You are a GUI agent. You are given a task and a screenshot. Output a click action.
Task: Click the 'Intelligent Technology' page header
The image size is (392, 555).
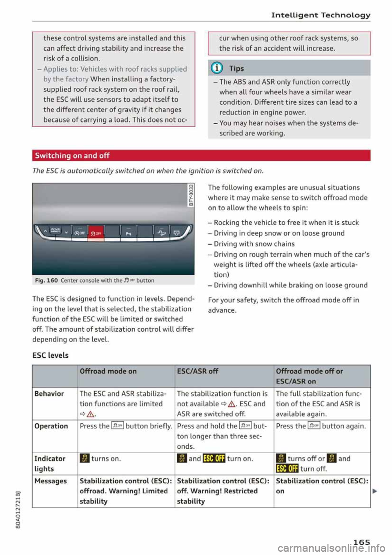coord(321,15)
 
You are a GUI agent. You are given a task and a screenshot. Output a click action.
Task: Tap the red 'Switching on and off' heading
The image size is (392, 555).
coord(72,156)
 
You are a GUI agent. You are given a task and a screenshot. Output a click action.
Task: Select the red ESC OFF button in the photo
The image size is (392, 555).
coord(96,233)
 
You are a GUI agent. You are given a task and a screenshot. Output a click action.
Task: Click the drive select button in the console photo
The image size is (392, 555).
coord(55,232)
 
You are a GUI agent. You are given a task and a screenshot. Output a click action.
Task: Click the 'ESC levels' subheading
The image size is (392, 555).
coord(50,355)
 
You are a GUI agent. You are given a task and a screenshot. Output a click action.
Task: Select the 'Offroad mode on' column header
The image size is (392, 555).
coord(108,371)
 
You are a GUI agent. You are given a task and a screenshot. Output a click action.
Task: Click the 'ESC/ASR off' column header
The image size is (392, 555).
coord(198,371)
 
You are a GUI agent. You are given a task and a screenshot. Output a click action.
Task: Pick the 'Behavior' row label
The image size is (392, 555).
coord(49,394)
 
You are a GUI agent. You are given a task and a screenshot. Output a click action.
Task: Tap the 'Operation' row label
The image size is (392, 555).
coord(51,426)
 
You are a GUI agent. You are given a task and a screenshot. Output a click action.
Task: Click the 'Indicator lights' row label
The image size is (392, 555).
coord(49,463)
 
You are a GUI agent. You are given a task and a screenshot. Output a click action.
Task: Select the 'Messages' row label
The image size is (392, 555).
coord(51,481)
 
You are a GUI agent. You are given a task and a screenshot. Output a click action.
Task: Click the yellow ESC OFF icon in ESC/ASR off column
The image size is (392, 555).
coord(214,459)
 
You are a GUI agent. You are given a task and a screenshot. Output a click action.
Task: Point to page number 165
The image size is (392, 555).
coord(361,542)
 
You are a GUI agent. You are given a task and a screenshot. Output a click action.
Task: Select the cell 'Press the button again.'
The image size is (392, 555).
coord(321,426)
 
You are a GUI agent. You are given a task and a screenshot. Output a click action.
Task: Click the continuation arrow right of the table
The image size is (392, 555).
coord(374,491)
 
